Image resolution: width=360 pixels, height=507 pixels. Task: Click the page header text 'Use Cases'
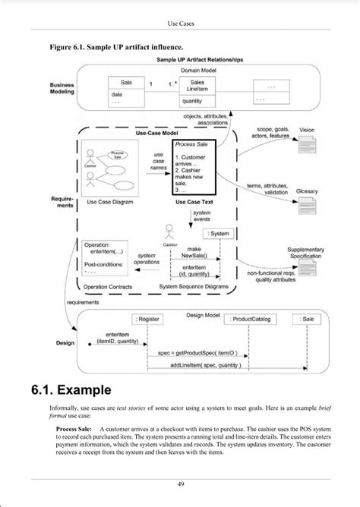click(181, 24)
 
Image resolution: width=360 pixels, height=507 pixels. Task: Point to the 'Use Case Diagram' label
click(112, 203)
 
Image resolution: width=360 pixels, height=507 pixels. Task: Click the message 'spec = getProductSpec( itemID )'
click(198, 353)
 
